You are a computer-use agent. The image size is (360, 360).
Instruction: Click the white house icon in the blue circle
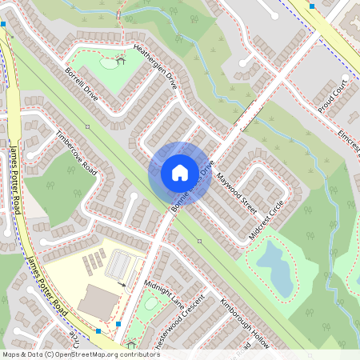pos(180,173)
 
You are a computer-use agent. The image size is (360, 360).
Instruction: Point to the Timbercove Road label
pos(76,154)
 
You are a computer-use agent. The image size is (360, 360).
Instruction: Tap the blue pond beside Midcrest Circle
pos(274,269)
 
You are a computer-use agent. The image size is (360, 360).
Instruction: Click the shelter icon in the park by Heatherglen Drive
pos(121,59)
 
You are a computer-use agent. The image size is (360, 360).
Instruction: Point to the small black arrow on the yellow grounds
pos(122,283)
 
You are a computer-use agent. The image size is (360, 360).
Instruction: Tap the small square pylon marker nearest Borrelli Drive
pos(87,126)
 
